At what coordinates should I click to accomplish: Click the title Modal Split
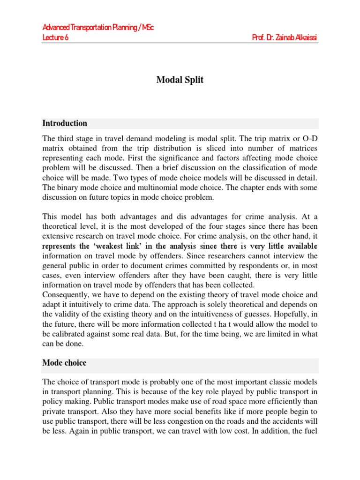[x=180, y=80]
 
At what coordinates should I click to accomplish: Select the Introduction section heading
[x=65, y=123]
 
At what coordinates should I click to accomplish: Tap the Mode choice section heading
[x=64, y=363]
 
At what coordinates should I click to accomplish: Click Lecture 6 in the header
[x=56, y=37]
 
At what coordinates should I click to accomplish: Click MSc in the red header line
[x=147, y=28]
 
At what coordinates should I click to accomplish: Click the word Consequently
[x=66, y=295]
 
